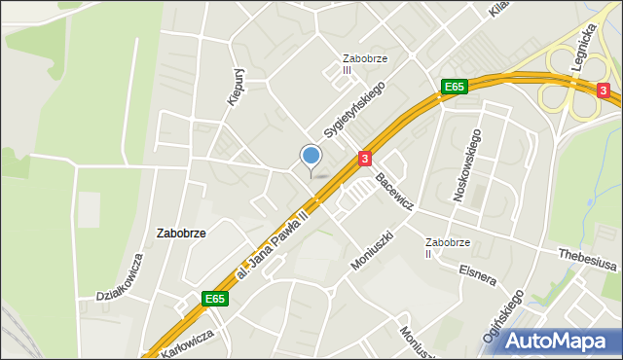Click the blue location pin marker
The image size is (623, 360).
[x=311, y=157]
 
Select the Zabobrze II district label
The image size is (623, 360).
[x=448, y=247]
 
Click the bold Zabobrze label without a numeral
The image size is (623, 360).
[x=180, y=234]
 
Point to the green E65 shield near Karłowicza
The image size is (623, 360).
[x=215, y=300]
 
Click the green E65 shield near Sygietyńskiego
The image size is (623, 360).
[x=454, y=87]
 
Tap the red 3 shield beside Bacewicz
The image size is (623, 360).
[x=364, y=158]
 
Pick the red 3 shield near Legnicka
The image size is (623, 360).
[x=604, y=90]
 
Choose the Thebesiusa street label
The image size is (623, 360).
[x=587, y=253]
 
